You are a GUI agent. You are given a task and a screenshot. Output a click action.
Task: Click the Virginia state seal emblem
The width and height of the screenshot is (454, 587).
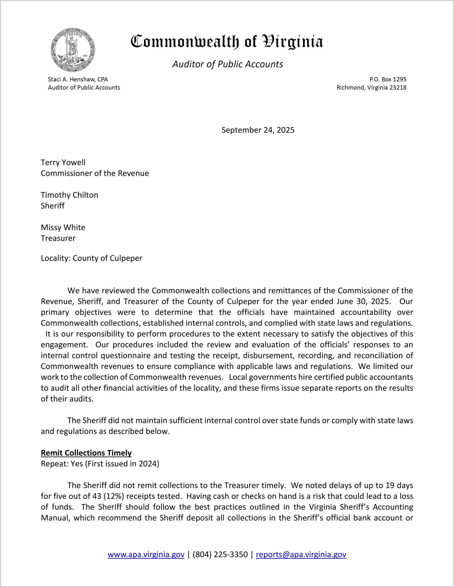73,50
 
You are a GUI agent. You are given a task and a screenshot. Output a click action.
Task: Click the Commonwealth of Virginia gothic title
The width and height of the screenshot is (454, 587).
227,42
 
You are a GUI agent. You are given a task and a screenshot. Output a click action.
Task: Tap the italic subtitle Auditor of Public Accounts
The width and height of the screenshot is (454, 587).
228,64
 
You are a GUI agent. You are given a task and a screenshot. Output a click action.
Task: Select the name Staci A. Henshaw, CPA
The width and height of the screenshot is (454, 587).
78,79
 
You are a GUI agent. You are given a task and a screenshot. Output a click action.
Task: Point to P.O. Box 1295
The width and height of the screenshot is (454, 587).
388,79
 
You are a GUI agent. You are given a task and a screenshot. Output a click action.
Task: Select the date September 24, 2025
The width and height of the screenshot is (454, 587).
258,130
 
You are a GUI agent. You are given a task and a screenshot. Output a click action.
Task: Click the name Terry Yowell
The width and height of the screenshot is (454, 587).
63,162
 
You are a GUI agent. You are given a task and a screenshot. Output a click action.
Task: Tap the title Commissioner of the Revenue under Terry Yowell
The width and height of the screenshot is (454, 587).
95,173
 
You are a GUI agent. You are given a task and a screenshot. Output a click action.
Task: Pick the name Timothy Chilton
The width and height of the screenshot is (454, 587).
70,195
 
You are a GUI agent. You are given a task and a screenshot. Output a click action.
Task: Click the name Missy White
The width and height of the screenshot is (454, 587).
63,227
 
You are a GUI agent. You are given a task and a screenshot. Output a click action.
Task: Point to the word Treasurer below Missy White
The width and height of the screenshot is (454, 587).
58,238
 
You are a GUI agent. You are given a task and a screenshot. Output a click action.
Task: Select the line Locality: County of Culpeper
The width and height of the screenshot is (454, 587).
91,258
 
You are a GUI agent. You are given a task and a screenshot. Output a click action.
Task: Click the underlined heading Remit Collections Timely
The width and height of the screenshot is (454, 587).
86,453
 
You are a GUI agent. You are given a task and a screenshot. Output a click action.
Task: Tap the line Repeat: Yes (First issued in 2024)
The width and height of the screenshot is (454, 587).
100,464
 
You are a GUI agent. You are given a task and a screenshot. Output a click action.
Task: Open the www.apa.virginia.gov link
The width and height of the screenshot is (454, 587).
146,554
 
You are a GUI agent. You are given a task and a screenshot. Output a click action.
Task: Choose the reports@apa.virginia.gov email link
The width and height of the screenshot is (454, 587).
301,554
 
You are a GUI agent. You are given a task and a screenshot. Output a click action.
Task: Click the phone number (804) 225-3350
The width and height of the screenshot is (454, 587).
220,554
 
